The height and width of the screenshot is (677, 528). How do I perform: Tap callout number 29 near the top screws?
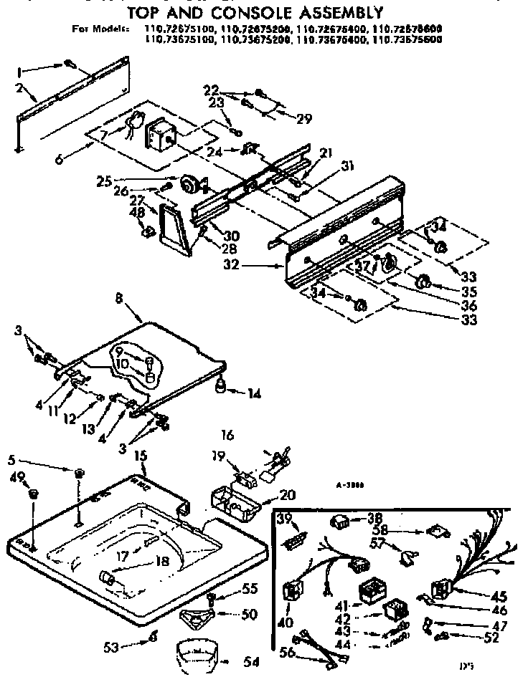coord(305,119)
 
